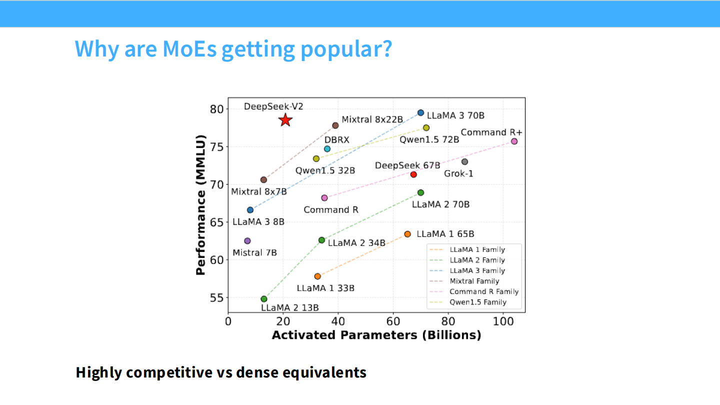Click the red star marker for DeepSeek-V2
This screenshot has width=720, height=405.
pos(285,120)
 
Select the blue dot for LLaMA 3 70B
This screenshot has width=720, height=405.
pos(421,113)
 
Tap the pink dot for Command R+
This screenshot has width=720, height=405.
pos(514,141)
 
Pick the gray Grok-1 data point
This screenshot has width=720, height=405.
pos(465,161)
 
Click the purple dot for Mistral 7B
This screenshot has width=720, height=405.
pos(247,241)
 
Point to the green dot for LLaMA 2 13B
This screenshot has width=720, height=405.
pos(264,299)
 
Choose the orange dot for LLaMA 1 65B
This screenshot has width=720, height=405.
pos(407,234)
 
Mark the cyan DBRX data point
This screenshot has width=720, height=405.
pos(327,149)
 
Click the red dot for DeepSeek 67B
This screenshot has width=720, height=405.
pos(413,174)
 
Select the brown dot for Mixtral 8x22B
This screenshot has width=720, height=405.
pos(335,125)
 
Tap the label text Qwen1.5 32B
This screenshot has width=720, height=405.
pos(325,170)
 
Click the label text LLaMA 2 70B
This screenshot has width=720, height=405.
pos(440,204)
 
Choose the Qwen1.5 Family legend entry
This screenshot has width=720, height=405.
pos(468,302)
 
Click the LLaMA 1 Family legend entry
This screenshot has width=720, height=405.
pos(467,250)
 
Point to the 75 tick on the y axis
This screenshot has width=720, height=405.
pos(216,147)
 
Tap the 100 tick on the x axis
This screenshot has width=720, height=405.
pos(503,321)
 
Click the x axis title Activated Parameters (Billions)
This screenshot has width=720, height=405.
pos(376,335)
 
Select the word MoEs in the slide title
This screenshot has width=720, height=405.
pos(189,48)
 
